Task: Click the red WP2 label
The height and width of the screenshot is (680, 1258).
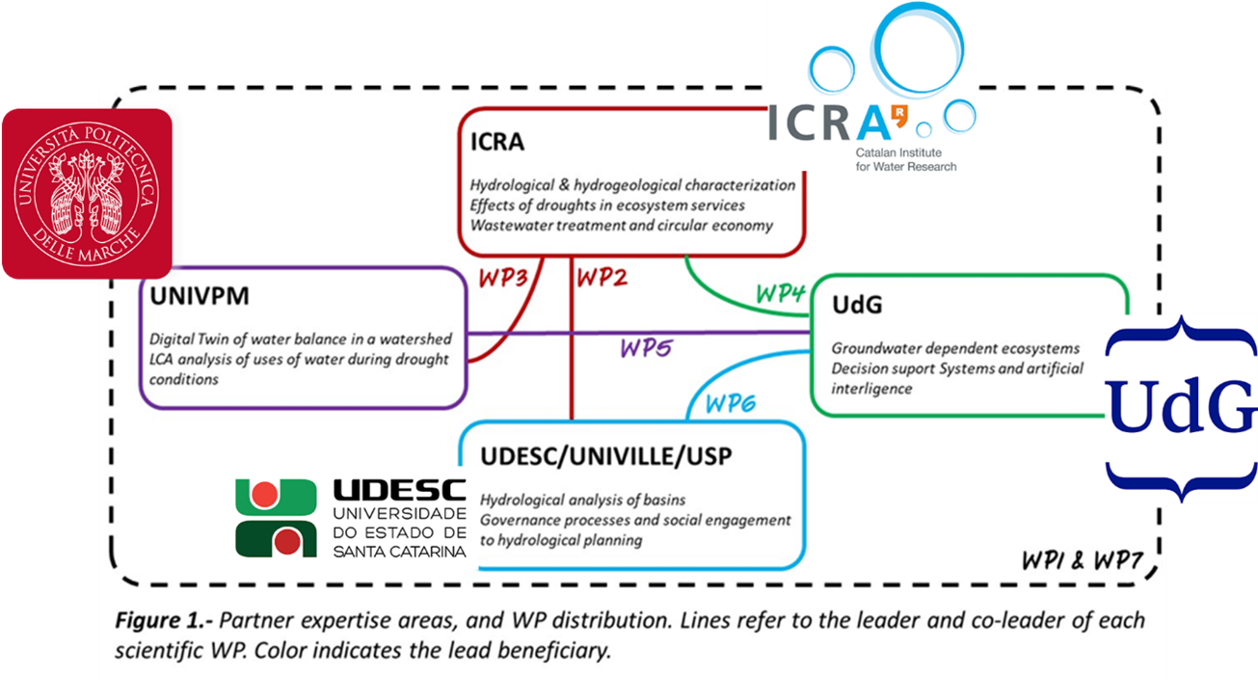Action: coord(602,279)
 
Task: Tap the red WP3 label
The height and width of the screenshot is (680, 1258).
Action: coord(502,280)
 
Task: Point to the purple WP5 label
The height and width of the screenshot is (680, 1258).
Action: coord(645,348)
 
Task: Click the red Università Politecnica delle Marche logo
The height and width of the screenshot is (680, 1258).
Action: coord(86,193)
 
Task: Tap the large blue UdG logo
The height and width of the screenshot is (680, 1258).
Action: coord(1179,408)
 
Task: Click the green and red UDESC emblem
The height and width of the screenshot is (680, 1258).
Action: coord(276,517)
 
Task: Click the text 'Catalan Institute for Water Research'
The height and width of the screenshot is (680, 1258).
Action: coord(905,160)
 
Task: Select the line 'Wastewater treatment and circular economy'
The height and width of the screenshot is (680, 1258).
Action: coord(622,226)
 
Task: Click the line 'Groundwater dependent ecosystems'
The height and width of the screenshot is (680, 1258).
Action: coord(955,348)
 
